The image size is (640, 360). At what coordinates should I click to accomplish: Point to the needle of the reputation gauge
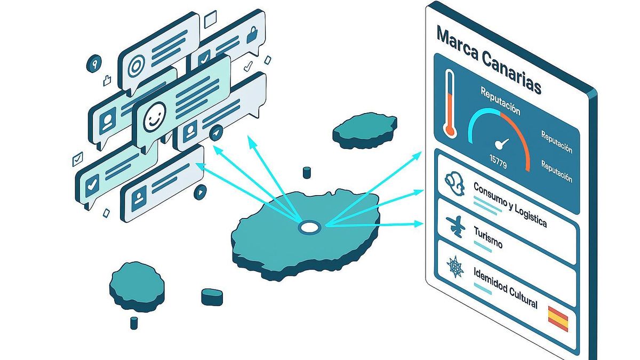point(501,143)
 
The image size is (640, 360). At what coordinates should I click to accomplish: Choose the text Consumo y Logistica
point(510,204)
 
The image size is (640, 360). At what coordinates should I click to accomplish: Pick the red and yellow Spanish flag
point(558,319)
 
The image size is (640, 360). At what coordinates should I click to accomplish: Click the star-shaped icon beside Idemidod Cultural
point(454,267)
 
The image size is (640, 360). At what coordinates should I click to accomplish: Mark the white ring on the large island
point(308,227)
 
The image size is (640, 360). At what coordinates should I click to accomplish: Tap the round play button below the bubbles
point(200,190)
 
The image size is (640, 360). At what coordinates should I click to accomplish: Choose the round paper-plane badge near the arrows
point(216,133)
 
